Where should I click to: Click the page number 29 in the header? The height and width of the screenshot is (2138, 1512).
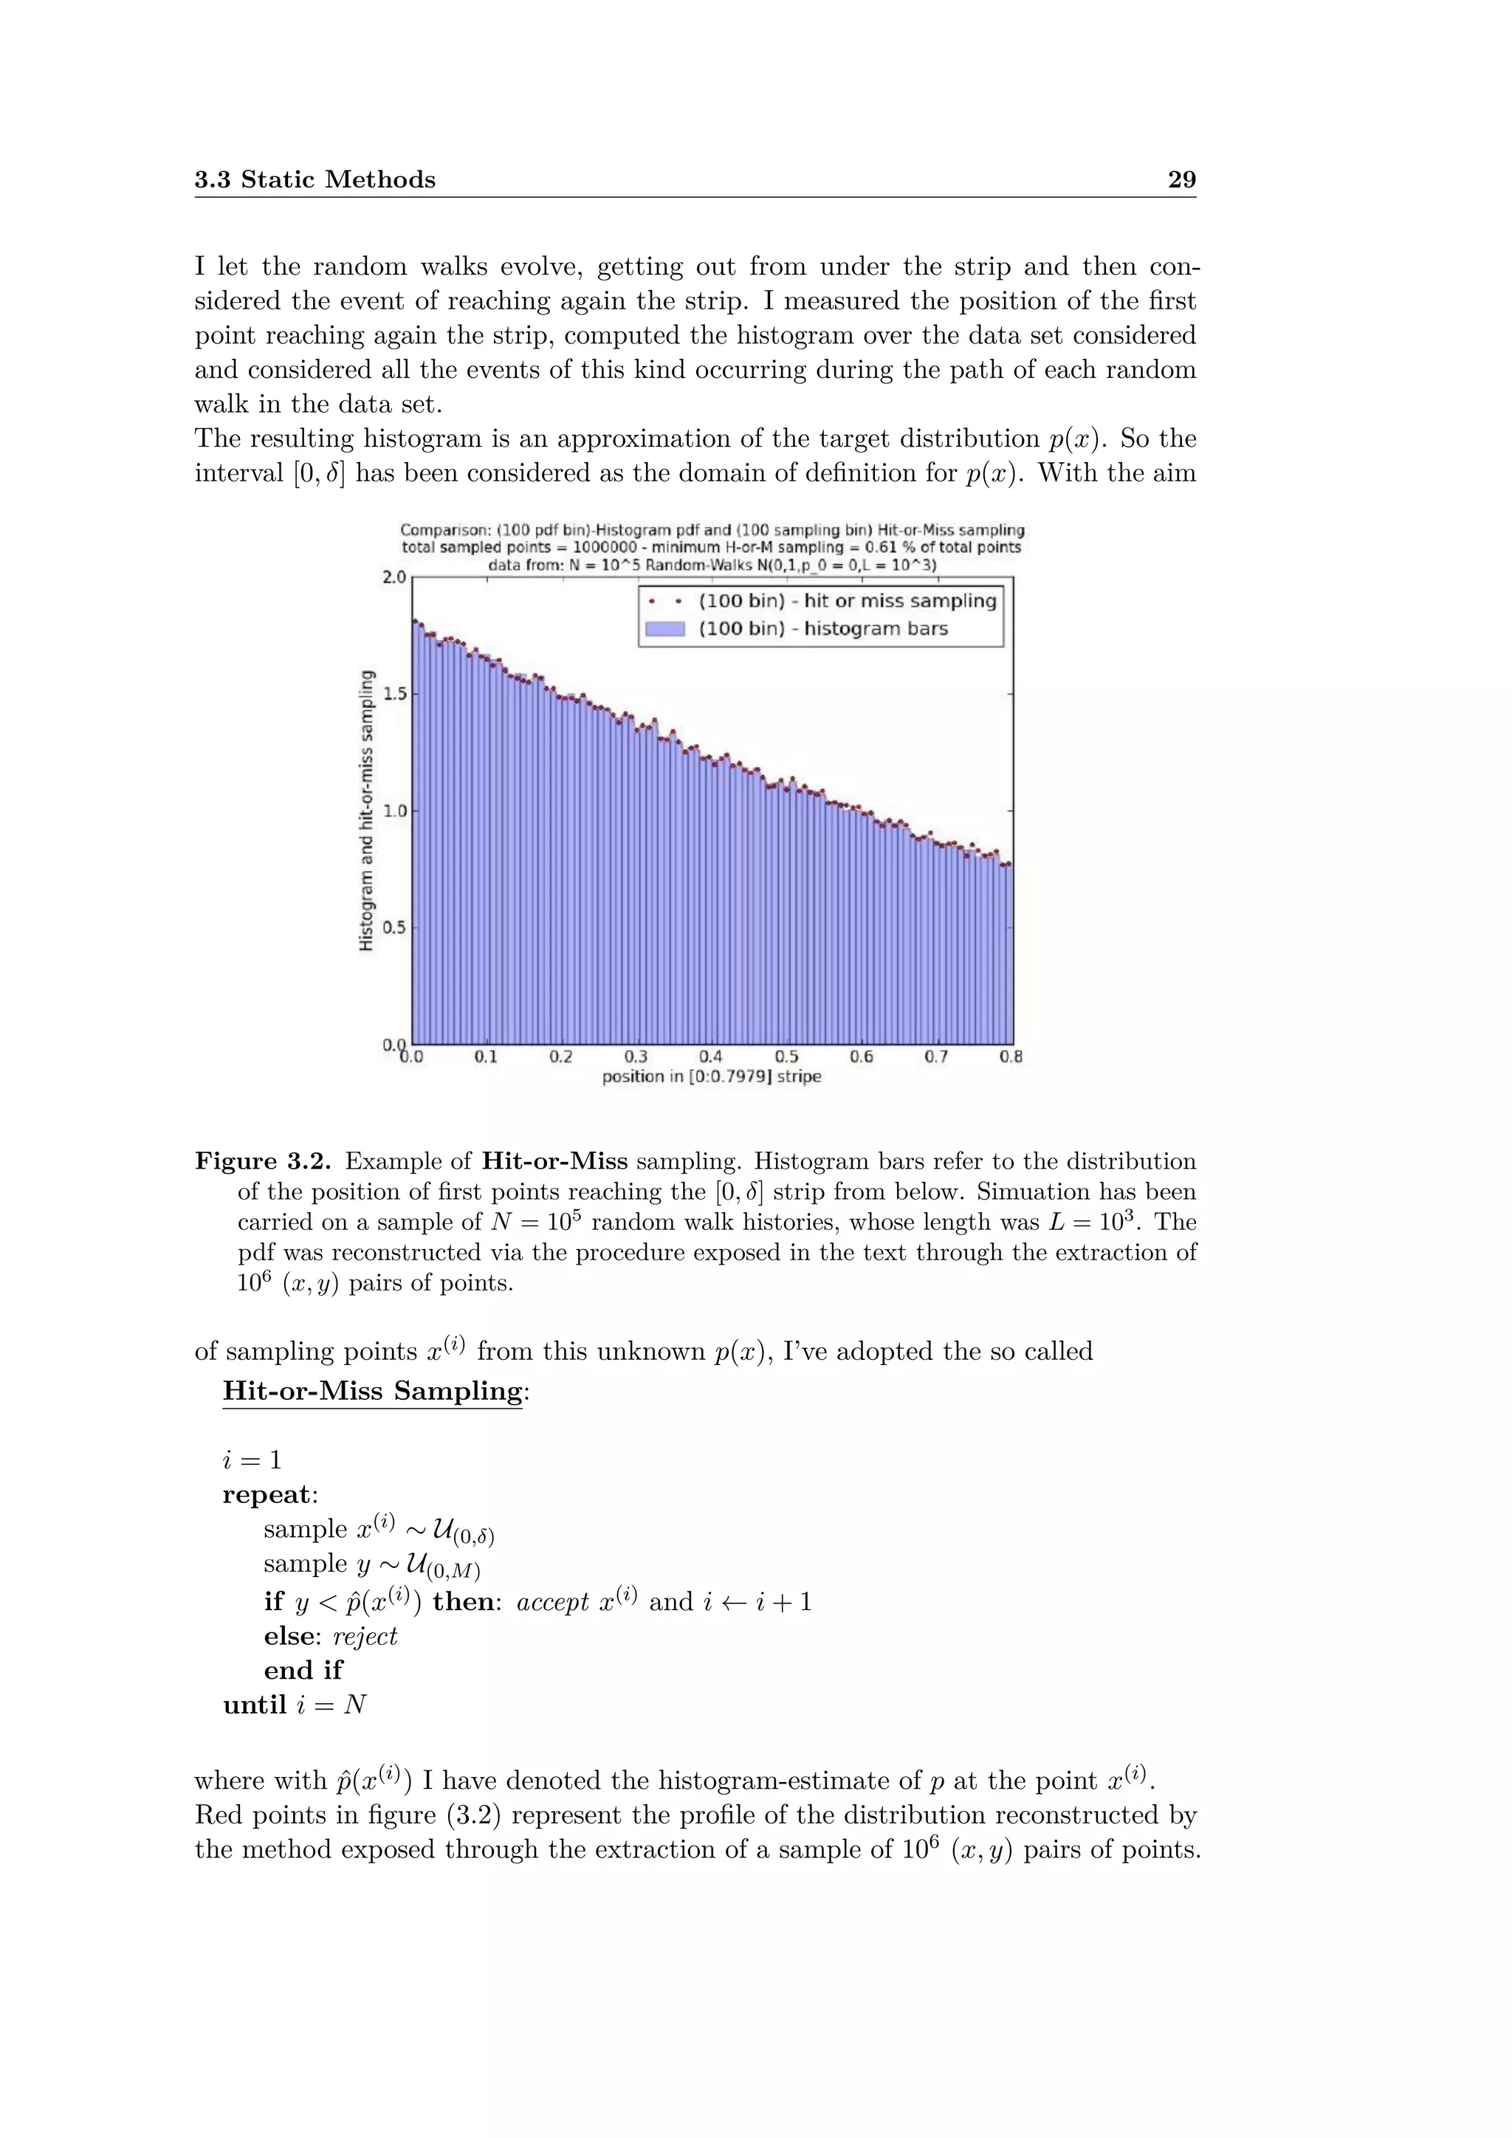click(x=1181, y=179)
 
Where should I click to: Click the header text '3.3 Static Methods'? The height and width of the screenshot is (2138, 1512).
click(x=315, y=179)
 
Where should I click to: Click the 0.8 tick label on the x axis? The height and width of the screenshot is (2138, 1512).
click(x=1011, y=1057)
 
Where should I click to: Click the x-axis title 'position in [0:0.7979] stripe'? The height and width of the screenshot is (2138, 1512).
click(x=711, y=1077)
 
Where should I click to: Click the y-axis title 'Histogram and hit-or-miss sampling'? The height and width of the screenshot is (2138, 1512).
click(x=367, y=810)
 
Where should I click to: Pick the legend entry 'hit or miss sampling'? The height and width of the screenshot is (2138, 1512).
click(x=848, y=602)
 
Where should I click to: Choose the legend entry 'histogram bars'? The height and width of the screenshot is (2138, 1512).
click(x=823, y=628)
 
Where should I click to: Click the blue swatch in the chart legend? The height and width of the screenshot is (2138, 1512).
click(x=664, y=628)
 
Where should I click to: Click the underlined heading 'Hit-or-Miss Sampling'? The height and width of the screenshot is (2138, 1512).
click(x=372, y=1391)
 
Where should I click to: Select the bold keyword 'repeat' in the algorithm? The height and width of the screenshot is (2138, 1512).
click(x=267, y=1494)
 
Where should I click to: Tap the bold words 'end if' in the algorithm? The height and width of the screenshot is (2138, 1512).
click(x=303, y=1670)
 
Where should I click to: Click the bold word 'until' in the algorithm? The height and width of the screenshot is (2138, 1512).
click(x=254, y=1705)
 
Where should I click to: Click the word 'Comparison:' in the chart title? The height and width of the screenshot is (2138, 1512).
click(x=440, y=531)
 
